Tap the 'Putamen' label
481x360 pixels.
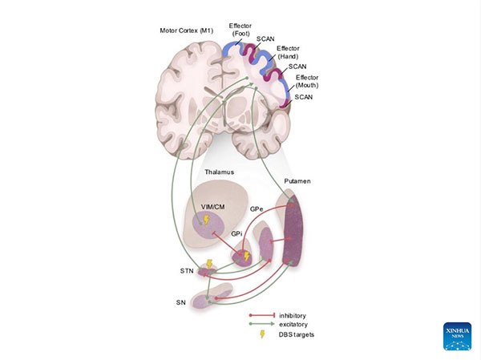pos(297,183)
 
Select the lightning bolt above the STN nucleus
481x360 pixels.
pos(210,262)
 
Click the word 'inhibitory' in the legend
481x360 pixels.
pos(293,315)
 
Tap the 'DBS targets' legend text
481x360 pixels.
pos(296,335)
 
